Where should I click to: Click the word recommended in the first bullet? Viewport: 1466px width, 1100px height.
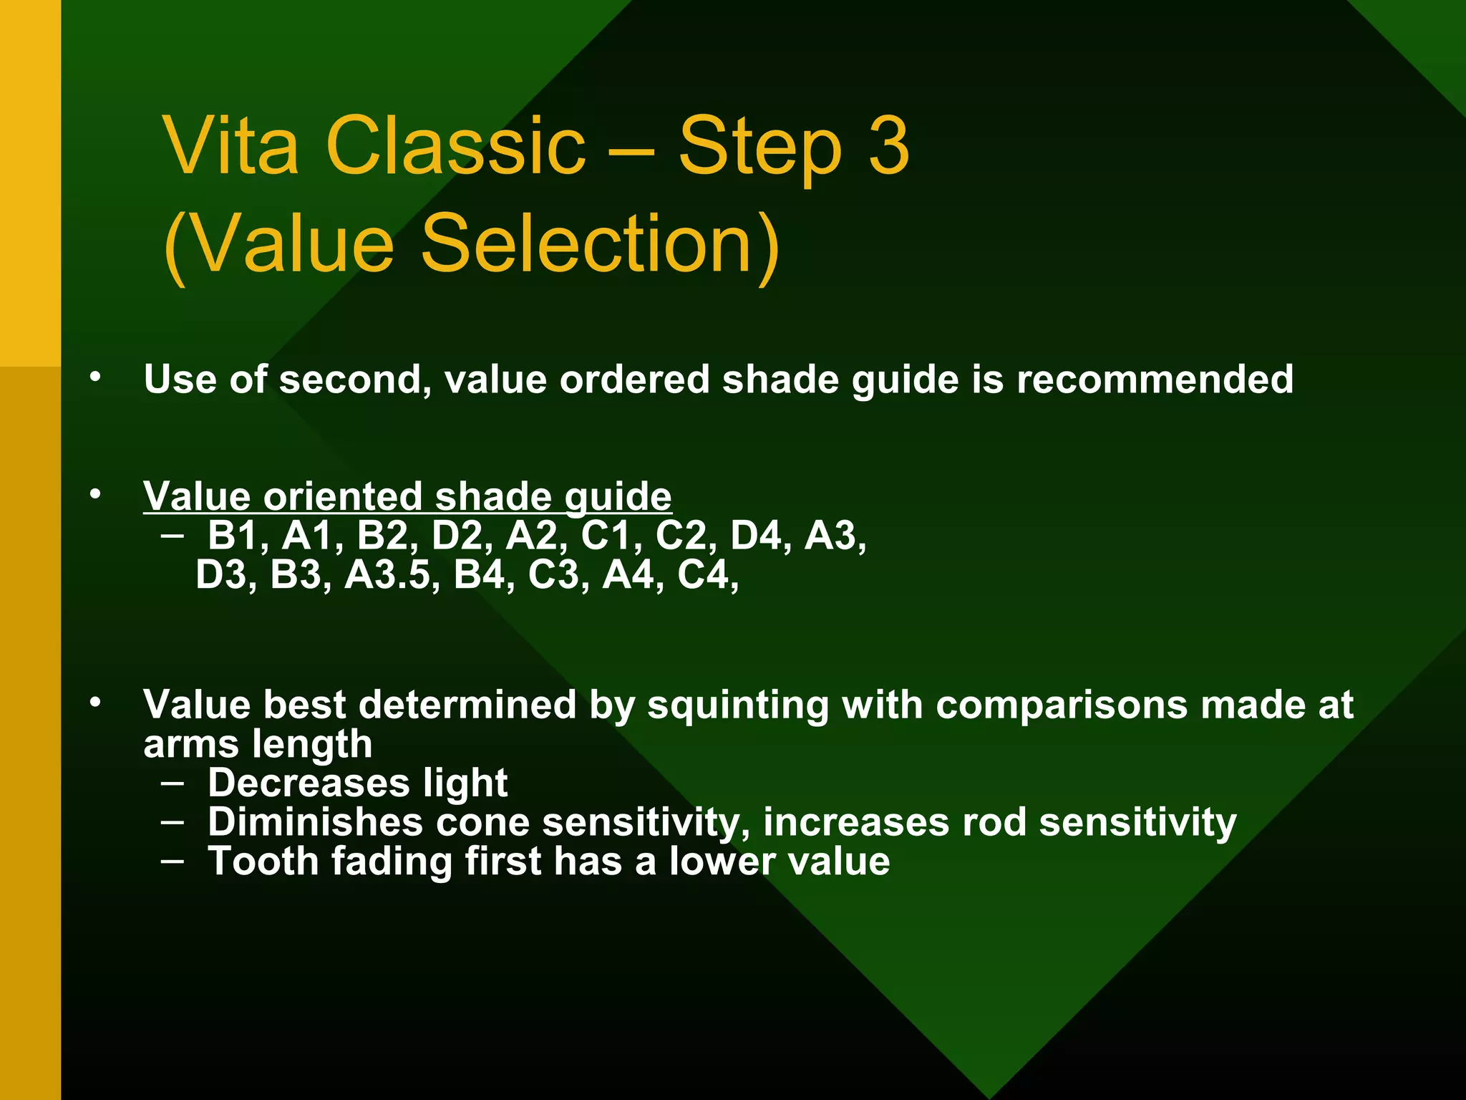(x=1155, y=379)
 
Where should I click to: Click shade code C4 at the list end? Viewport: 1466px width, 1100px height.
(x=702, y=574)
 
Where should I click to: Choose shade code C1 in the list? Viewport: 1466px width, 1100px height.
(x=605, y=536)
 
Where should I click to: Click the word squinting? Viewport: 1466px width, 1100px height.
(x=737, y=705)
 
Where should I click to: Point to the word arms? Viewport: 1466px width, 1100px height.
(x=187, y=745)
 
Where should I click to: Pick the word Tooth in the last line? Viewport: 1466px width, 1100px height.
(x=263, y=861)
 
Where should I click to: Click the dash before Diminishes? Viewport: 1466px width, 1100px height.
(x=172, y=821)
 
